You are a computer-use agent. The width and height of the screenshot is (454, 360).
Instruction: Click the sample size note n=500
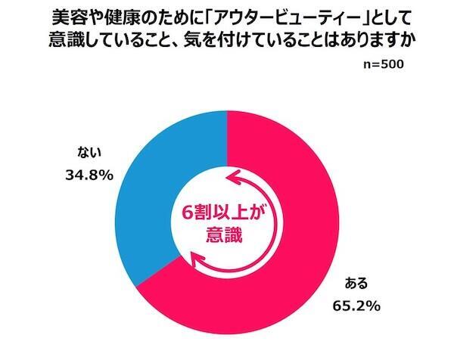click(x=384, y=64)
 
